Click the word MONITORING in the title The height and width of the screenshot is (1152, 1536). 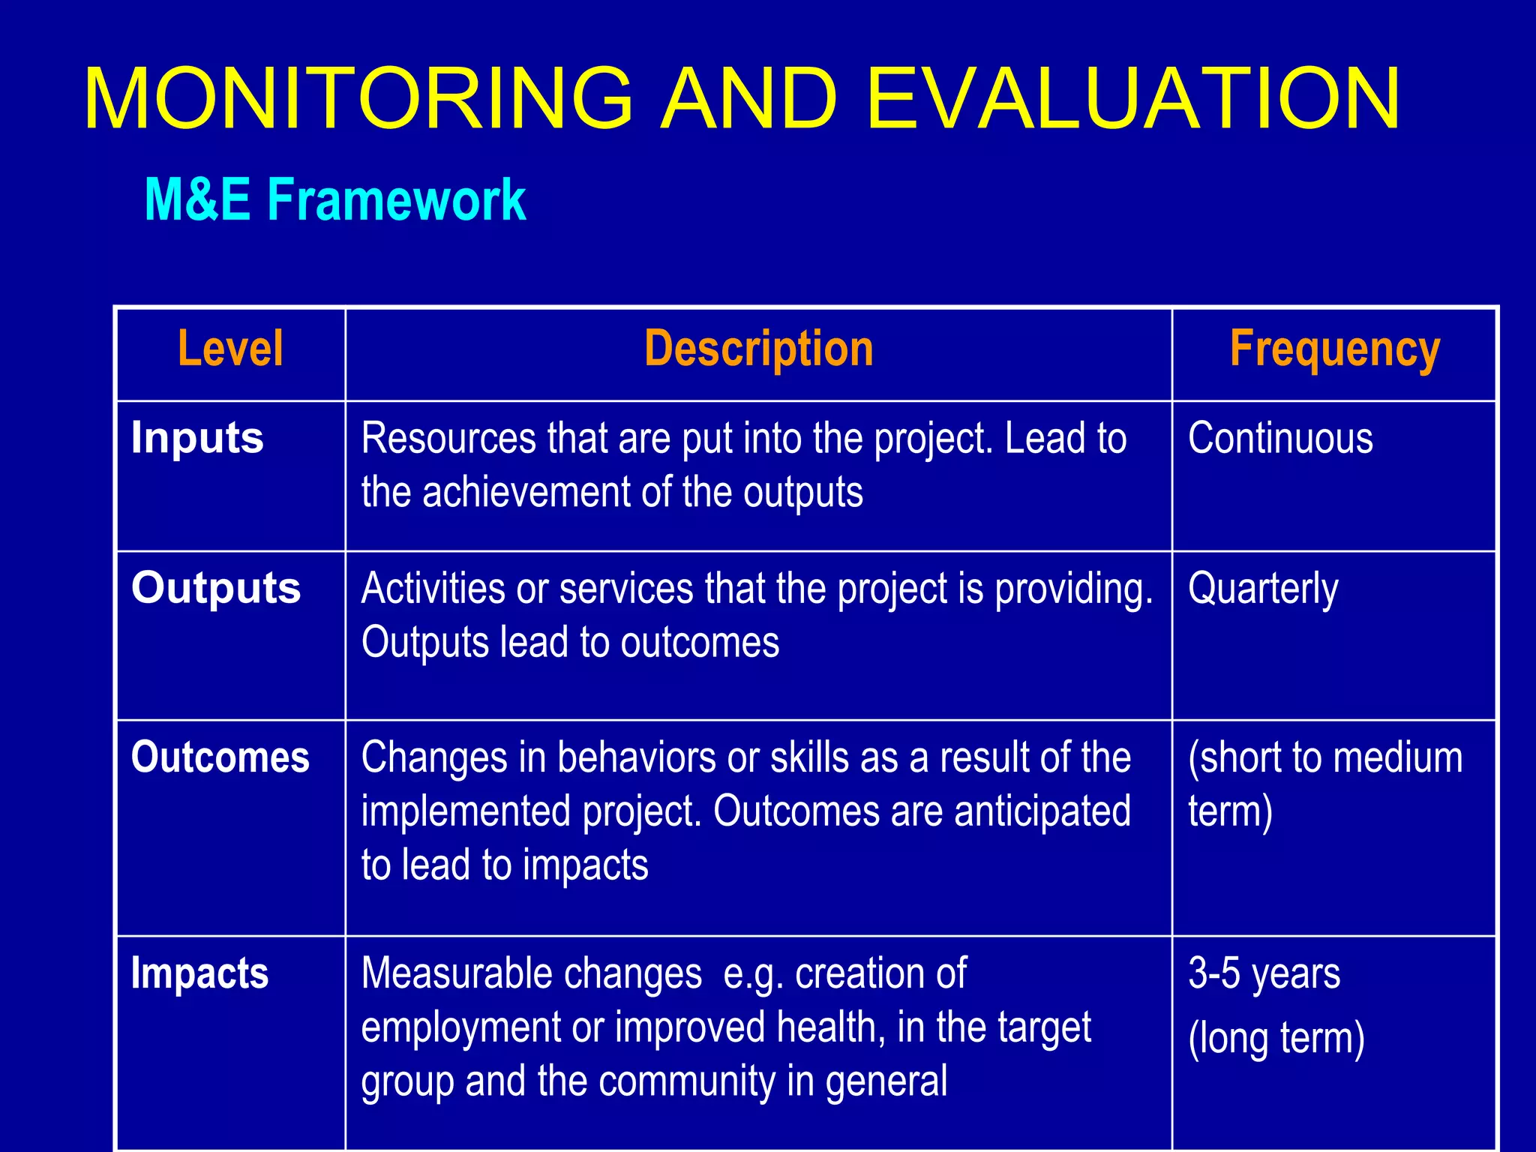click(x=358, y=99)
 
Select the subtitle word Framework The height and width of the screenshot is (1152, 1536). click(x=397, y=200)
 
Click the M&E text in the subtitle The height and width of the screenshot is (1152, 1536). click(x=197, y=200)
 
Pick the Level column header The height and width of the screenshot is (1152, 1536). click(x=230, y=349)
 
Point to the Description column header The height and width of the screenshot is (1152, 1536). click(x=758, y=349)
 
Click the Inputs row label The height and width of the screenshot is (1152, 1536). click(x=197, y=438)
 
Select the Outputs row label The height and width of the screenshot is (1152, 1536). click(x=216, y=588)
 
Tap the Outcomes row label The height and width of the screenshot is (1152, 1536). click(x=220, y=757)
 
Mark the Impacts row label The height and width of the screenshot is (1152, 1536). click(x=199, y=973)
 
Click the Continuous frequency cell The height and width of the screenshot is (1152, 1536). click(x=1280, y=438)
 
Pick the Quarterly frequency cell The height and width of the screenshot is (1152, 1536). click(x=1263, y=589)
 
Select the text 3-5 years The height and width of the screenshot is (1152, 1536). click(x=1264, y=973)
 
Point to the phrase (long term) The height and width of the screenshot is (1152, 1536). click(x=1276, y=1039)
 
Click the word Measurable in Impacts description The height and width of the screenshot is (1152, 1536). click(x=456, y=973)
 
